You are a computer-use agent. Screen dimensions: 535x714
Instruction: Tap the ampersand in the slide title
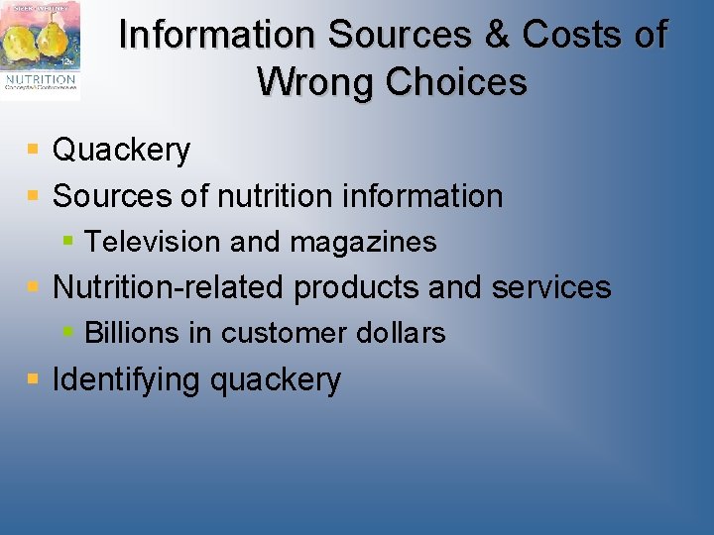tap(496, 35)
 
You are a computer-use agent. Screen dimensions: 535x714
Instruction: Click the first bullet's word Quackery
tap(121, 150)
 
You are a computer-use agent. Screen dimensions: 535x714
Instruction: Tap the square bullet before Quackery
tap(33, 150)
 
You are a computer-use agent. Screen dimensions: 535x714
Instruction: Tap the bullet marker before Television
tap(68, 240)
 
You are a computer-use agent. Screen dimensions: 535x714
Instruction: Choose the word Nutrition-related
tap(170, 287)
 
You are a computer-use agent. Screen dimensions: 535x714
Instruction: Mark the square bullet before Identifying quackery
tap(33, 378)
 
